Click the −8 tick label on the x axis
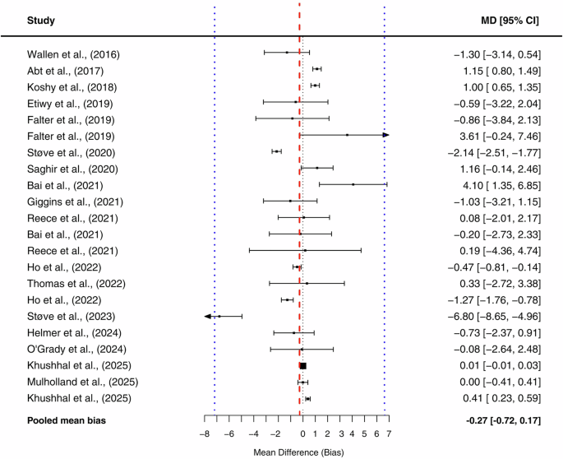click(204, 433)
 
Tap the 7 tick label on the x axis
click(388, 433)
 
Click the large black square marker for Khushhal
click(302, 366)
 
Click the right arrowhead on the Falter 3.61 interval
click(385, 135)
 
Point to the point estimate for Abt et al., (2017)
click(316, 70)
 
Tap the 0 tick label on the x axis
click(302, 433)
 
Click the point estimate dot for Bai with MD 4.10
click(353, 185)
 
